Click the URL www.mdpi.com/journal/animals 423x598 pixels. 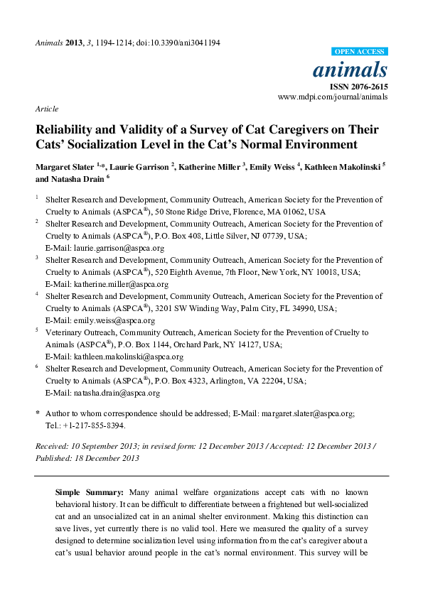coord(333,97)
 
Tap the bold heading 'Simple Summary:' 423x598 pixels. coord(89,491)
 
